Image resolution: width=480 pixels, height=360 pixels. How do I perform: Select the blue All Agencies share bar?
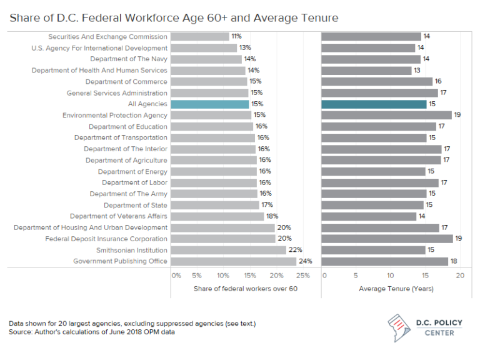(209, 104)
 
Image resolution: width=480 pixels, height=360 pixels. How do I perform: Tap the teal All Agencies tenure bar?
(374, 104)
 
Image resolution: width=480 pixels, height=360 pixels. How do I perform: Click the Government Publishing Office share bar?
(233, 261)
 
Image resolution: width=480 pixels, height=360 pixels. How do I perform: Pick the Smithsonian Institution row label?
(120, 250)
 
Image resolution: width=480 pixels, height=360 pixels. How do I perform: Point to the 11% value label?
(236, 37)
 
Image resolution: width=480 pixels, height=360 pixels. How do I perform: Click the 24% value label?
(304, 261)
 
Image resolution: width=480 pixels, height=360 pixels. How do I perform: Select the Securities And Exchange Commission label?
(107, 37)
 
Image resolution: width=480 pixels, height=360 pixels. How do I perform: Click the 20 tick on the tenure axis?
(460, 276)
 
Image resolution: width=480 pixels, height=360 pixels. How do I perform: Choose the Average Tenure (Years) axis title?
(396, 289)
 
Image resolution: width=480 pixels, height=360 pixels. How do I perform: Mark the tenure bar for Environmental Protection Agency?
(386, 115)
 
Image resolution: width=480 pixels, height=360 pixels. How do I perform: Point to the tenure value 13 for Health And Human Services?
(417, 71)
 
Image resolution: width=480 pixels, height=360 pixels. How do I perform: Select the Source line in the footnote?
(92, 332)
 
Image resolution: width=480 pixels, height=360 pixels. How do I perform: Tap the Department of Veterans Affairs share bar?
(217, 216)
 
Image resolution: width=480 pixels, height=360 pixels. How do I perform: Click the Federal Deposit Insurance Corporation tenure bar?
(387, 239)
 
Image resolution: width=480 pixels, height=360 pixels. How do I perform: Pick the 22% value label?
(294, 250)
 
